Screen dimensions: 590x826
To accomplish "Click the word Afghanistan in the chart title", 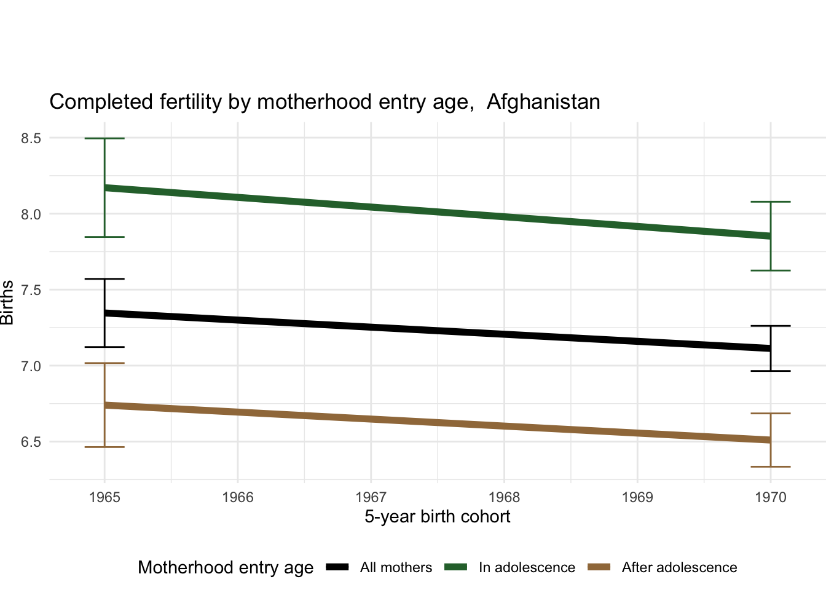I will tap(543, 101).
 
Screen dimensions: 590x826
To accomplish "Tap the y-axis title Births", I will tap(8, 302).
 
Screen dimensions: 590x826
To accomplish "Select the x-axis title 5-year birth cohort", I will tap(437, 516).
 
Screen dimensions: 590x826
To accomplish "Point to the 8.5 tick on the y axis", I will tap(31, 138).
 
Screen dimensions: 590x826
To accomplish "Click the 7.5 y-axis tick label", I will tap(31, 290).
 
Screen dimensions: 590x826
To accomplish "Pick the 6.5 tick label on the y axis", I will tap(31, 442).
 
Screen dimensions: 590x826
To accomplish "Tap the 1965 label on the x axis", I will tap(104, 497).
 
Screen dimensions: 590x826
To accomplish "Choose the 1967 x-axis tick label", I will tap(371, 497).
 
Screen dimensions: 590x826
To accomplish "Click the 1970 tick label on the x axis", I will tap(770, 497).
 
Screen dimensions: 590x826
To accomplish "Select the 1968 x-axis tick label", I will tap(504, 497).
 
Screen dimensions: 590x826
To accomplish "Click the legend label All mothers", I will tap(396, 568).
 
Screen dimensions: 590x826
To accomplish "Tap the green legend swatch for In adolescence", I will tap(455, 567).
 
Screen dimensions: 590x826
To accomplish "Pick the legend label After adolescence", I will tap(679, 568).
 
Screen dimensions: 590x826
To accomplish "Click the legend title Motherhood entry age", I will tap(226, 568).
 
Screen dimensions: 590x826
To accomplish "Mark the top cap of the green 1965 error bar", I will tap(104, 138).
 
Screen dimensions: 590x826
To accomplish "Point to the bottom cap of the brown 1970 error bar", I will tap(770, 466).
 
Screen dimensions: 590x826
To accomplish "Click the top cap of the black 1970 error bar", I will tap(770, 326).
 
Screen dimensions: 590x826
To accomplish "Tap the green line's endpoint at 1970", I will tap(770, 236).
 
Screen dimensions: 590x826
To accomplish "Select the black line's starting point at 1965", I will tap(104, 313).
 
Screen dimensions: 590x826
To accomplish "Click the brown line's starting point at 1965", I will tap(104, 405).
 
